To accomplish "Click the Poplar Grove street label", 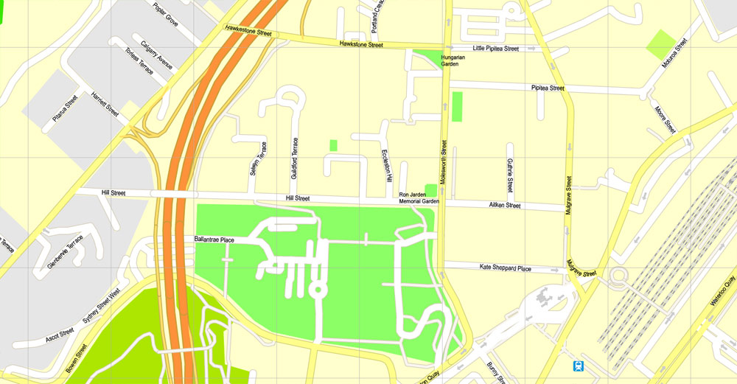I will tap(166, 14).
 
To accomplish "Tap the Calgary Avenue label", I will tap(156, 57).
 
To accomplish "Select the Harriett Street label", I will tap(105, 105).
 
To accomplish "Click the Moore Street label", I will tap(665, 119).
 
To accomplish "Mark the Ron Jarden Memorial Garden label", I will tap(419, 198).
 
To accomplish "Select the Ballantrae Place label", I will tap(214, 240).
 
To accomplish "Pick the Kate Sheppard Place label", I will tap(505, 268).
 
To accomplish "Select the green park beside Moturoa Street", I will tap(661, 44).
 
